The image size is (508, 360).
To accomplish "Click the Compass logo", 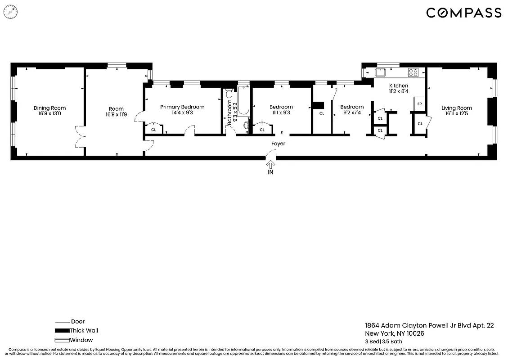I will coord(463,13).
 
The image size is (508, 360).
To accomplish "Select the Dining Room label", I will coord(49,108).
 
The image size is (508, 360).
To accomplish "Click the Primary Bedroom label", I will coord(182,107).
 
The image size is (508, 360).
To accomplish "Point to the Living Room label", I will coord(456,108).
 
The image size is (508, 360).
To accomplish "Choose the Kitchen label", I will coord(398,86).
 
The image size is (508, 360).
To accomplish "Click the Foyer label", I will coord(278,144).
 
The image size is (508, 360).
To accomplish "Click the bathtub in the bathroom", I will coord(243,102).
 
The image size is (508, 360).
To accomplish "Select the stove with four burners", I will coord(413,72).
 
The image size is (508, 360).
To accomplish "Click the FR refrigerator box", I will coord(419,104).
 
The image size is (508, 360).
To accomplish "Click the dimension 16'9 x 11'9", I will coord(116,115).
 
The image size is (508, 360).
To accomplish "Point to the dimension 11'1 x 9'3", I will coord(281,113).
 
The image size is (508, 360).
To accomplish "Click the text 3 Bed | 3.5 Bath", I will coord(383,342).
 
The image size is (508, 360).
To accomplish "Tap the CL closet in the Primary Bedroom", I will coord(153,130).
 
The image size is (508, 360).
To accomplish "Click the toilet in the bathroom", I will coord(229,94).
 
